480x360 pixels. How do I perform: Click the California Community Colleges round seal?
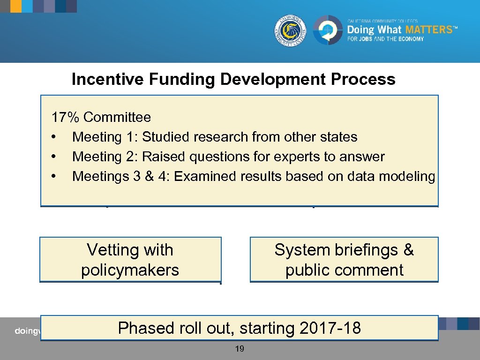291,30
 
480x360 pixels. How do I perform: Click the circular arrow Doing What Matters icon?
328,30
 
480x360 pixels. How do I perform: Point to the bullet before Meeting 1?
54,137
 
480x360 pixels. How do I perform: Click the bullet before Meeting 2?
54,157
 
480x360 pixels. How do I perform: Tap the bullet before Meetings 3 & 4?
54,177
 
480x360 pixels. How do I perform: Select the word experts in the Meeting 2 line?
297,157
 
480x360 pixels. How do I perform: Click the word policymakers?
130,270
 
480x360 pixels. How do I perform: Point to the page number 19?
240,349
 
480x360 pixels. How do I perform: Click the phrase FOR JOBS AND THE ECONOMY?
385,39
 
